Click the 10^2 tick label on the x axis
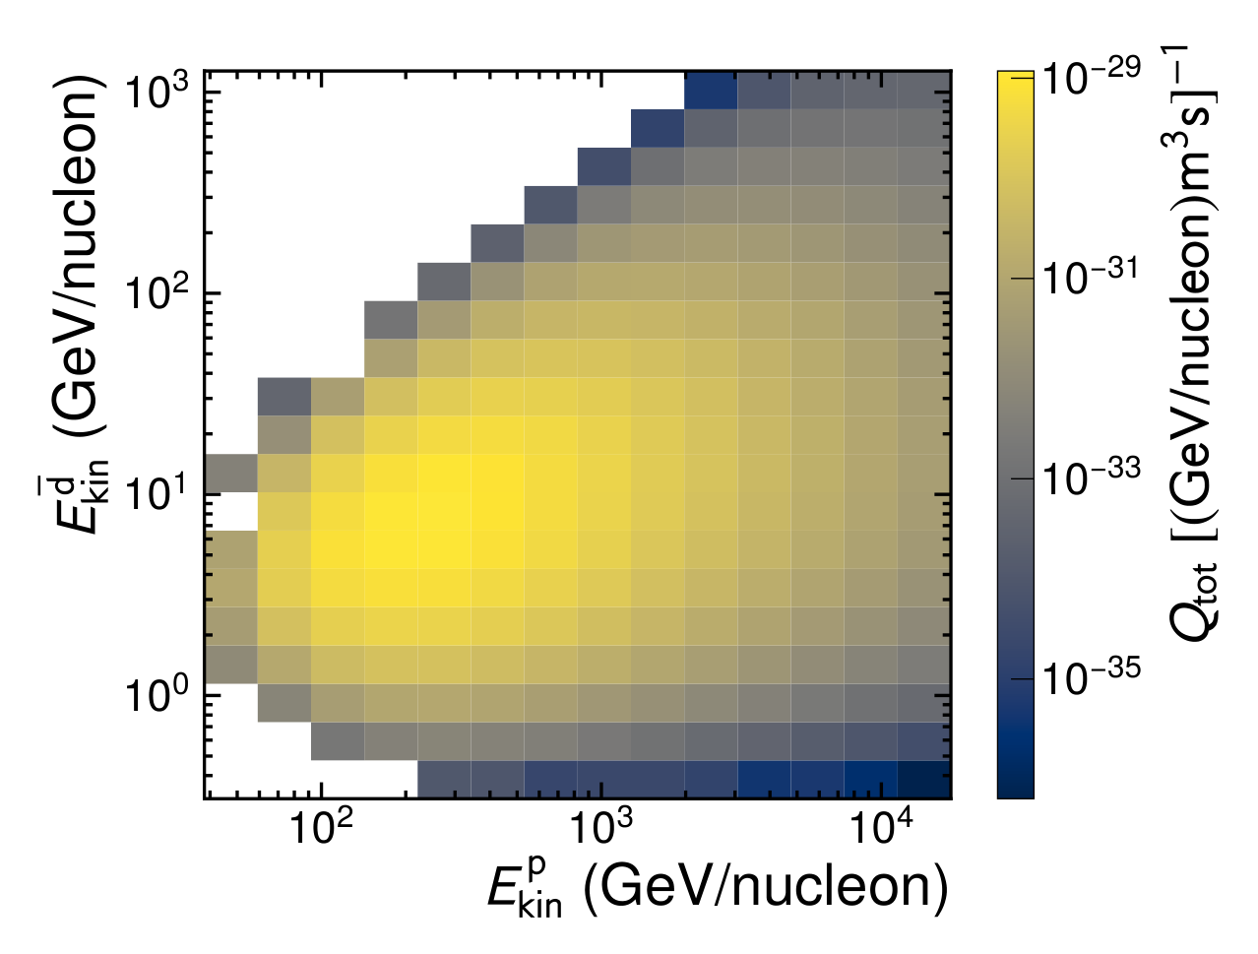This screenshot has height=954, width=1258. pos(321,827)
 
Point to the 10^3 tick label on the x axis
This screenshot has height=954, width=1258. pos(601,827)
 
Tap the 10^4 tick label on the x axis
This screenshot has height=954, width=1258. pos(881,827)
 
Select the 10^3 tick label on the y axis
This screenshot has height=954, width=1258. pos(156,92)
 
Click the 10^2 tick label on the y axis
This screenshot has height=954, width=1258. pos(156,292)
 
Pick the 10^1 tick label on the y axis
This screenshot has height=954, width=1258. pos(156,494)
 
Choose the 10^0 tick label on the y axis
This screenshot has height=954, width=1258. pos(156,695)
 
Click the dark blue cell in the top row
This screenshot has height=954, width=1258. pos(711,90)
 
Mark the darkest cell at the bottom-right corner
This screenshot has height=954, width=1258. pos(924,779)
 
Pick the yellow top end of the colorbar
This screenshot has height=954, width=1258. pos(1016,78)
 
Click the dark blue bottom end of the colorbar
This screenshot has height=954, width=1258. pos(1016,790)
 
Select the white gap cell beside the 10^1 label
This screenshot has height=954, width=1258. pos(231,511)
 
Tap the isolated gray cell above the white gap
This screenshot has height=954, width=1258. pos(231,473)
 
